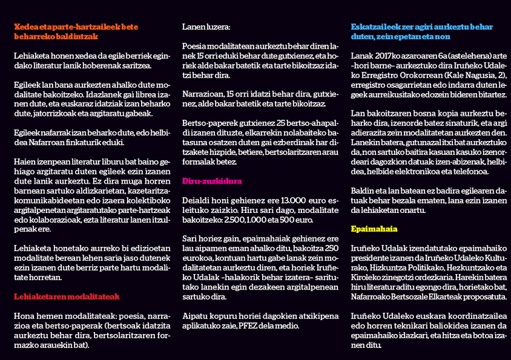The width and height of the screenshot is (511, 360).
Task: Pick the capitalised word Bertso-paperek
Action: point(206,123)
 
